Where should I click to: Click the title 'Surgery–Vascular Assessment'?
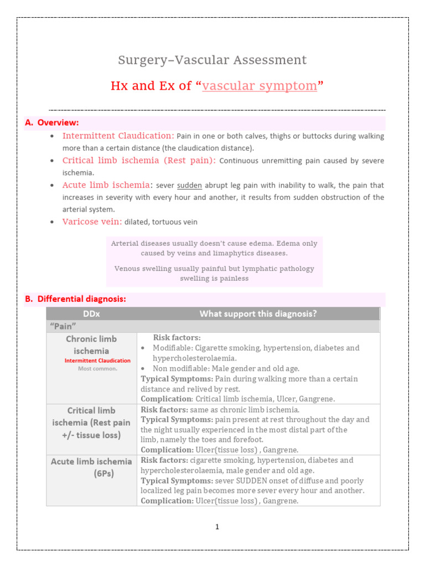(x=212, y=60)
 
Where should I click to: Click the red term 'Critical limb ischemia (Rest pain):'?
(x=140, y=161)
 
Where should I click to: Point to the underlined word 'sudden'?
(x=189, y=185)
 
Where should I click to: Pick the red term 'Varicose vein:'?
(x=92, y=222)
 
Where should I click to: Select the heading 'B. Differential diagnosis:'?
(x=76, y=299)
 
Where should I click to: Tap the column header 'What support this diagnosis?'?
(x=258, y=314)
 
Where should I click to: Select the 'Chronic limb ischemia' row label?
(x=91, y=344)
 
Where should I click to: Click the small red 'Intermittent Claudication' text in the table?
(x=97, y=360)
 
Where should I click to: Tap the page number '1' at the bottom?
(x=217, y=527)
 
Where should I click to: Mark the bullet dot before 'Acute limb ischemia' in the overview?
(x=51, y=185)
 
